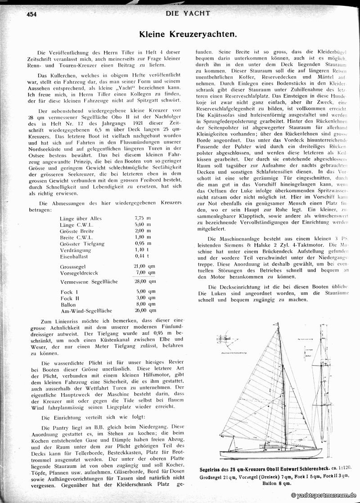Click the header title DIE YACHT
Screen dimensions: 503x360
click(x=188, y=13)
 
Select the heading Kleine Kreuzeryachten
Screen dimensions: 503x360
click(x=188, y=34)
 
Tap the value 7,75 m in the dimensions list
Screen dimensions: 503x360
click(x=143, y=218)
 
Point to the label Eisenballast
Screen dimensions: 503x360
click(x=74, y=256)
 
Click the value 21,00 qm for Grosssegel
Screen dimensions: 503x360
click(x=145, y=266)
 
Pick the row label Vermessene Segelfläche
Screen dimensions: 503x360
click(x=89, y=281)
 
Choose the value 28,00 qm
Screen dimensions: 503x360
click(x=145, y=281)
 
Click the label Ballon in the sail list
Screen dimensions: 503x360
click(x=68, y=304)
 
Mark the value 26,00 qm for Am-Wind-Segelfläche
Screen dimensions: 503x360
click(x=145, y=310)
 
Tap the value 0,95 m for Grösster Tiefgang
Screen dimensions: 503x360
click(x=143, y=244)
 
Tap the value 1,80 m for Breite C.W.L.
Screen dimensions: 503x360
click(x=143, y=237)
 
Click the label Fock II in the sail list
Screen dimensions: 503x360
click(x=69, y=298)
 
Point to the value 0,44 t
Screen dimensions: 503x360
click(x=142, y=256)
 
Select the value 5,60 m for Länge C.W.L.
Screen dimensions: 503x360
click(x=143, y=225)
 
